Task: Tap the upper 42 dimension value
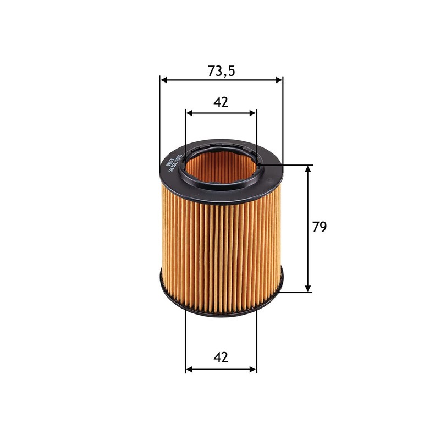click(x=221, y=102)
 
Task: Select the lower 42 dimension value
click(x=221, y=358)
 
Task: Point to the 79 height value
click(x=320, y=227)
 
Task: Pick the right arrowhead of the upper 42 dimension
click(x=253, y=113)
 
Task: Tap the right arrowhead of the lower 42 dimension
click(x=253, y=369)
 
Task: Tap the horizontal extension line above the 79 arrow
click(x=291, y=164)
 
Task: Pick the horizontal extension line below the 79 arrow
click(x=294, y=291)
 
